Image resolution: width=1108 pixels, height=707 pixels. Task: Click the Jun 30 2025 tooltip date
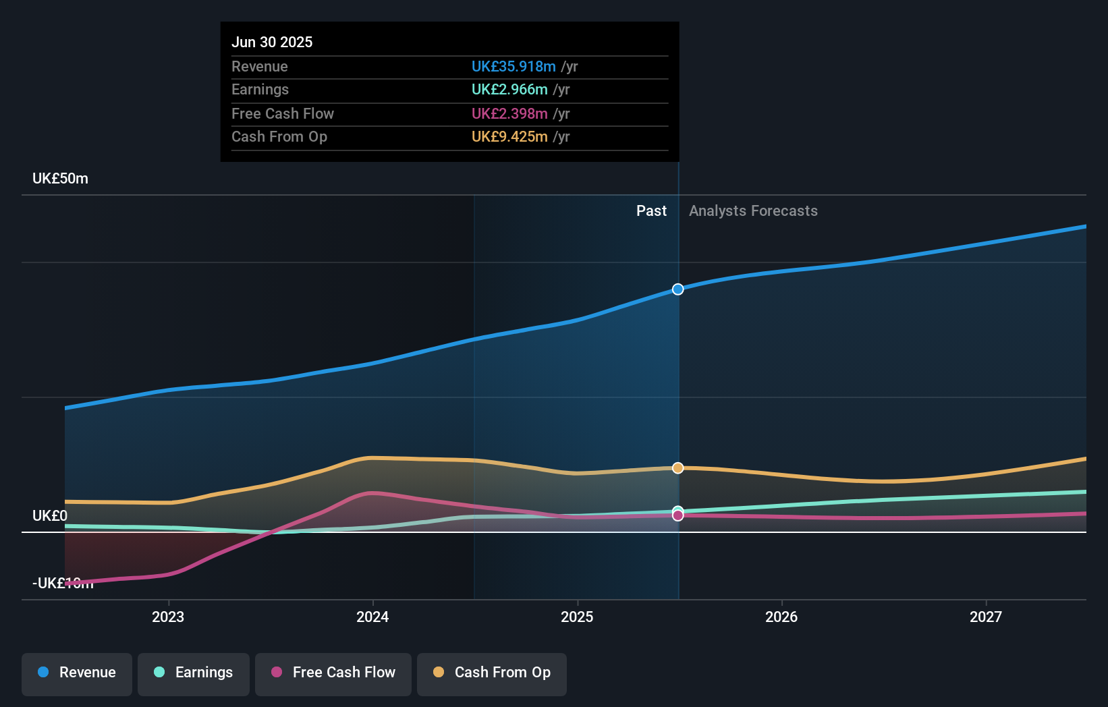click(x=272, y=42)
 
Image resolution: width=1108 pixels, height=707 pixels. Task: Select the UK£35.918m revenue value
click(x=514, y=66)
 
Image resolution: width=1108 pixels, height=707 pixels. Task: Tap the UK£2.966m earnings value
click(x=509, y=89)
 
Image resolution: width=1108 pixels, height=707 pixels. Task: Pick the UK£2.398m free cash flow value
click(x=509, y=113)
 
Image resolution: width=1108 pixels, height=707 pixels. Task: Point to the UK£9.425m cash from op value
click(x=509, y=136)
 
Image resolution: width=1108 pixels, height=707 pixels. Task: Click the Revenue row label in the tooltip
click(x=260, y=66)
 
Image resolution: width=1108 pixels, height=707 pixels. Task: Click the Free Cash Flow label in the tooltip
click(x=283, y=113)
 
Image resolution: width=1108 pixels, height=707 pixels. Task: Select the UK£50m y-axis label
click(x=60, y=178)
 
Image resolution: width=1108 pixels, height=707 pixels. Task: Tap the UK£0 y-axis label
click(x=50, y=515)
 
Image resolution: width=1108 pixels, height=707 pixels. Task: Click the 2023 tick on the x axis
click(x=168, y=617)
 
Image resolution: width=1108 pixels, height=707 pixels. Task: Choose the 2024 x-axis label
click(x=372, y=617)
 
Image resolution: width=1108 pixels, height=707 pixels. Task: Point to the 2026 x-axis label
click(x=781, y=617)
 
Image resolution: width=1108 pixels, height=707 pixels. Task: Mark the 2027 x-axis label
click(x=986, y=617)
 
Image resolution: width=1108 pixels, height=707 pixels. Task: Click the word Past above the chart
click(x=651, y=210)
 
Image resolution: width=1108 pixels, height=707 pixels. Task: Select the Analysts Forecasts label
click(x=753, y=210)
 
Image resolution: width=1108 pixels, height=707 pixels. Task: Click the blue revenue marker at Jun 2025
click(x=678, y=289)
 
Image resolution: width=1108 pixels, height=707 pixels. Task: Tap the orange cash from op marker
click(x=678, y=468)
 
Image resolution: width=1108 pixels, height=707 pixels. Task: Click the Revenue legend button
click(x=77, y=673)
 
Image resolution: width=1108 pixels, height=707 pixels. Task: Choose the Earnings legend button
click(x=194, y=673)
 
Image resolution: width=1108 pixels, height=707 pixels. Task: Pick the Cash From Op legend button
click(x=492, y=673)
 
